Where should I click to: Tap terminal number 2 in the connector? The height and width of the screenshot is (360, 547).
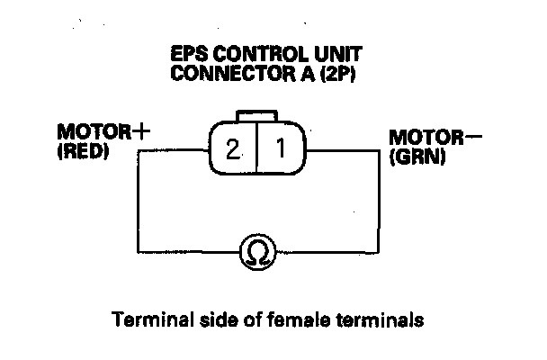click(233, 148)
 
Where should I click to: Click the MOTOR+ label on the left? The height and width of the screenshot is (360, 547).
click(102, 132)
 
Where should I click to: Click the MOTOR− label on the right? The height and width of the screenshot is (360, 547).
click(426, 139)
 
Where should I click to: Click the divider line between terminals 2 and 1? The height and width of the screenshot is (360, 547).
click(256, 148)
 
